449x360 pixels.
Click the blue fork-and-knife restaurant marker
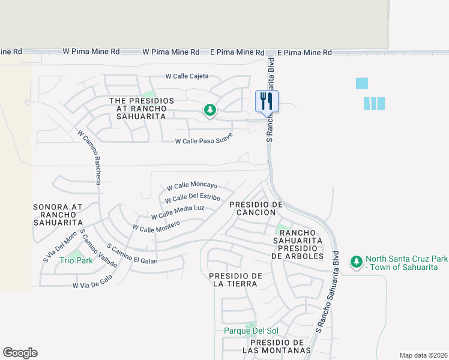click(266, 101)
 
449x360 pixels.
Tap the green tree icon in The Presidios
click(209, 110)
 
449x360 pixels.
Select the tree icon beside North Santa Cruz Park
click(357, 262)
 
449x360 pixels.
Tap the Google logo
click(20, 353)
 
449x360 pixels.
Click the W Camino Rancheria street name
click(89, 158)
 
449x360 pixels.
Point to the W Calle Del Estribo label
click(192, 197)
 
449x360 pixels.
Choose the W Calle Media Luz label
click(178, 212)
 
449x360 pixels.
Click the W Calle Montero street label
click(156, 226)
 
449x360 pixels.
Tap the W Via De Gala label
click(92, 286)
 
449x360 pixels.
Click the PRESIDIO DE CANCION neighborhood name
click(256, 208)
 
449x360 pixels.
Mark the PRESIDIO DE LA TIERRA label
click(236, 280)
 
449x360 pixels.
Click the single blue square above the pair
click(361, 83)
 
